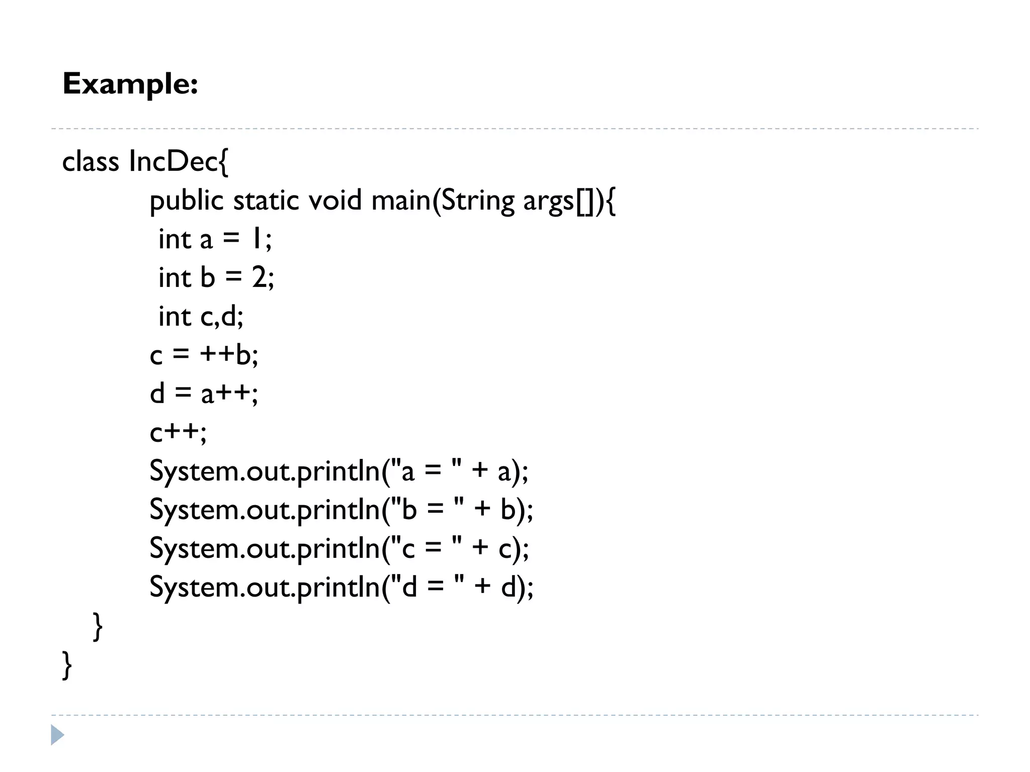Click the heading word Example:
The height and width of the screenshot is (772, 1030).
[130, 84]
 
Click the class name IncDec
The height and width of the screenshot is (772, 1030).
[173, 161]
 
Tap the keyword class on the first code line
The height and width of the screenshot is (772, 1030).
[91, 161]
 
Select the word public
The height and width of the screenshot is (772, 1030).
[186, 201]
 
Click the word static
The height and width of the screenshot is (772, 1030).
[266, 201]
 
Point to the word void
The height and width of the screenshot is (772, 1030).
[334, 201]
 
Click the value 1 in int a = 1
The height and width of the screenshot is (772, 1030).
[256, 239]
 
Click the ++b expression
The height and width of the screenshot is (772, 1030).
[228, 355]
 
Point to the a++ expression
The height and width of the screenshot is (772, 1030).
[229, 394]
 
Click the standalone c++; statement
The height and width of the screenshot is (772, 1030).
[178, 432]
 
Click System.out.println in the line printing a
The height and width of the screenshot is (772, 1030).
[265, 471]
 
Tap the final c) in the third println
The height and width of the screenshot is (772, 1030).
[510, 548]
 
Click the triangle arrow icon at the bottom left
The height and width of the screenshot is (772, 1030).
[57, 735]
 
